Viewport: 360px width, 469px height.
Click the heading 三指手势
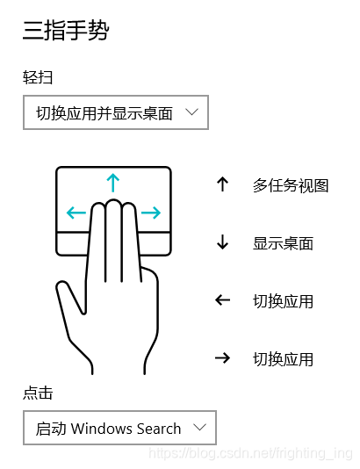(x=66, y=31)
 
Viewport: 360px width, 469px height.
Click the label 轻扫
(x=38, y=78)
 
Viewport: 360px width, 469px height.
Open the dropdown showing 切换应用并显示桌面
(x=116, y=112)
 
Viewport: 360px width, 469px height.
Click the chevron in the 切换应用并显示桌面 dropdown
(x=191, y=112)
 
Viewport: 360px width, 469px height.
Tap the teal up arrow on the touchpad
(x=113, y=183)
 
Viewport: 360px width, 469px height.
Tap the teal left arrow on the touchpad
(x=76, y=213)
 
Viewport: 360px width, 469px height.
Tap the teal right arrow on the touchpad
(x=151, y=213)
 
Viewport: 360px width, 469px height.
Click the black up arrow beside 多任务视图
(x=223, y=184)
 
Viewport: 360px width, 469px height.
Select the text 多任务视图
(x=291, y=185)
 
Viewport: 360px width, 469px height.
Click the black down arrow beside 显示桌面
(x=223, y=242)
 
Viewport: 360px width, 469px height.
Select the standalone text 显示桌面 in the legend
(x=283, y=243)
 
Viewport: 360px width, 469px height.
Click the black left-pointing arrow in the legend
(x=223, y=300)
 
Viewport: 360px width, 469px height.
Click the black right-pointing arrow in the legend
(x=223, y=357)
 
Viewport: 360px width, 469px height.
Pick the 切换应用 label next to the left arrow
(x=283, y=301)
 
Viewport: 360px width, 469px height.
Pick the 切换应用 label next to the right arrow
(x=283, y=359)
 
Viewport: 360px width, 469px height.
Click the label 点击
(x=38, y=393)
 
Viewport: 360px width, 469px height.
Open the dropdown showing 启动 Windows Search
(x=119, y=428)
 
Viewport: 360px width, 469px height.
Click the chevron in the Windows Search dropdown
(x=199, y=427)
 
